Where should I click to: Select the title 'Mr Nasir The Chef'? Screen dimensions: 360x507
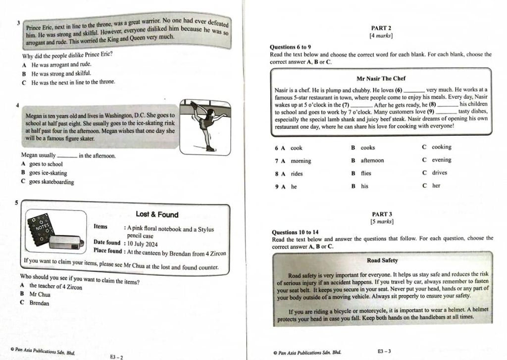coord(381,79)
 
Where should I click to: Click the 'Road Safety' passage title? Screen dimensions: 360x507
coord(382,260)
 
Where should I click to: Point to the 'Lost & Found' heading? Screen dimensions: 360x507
coord(157,214)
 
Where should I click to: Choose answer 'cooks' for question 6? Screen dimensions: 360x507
coord(367,148)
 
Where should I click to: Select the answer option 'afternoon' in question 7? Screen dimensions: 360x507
coord(372,160)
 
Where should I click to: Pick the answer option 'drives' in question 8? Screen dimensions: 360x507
coord(439,173)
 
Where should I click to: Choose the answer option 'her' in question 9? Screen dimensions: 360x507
coord(436,186)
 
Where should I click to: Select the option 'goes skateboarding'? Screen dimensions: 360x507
coord(51,182)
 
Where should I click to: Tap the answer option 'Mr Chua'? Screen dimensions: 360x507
coord(40,294)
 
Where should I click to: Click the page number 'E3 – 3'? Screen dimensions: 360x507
coord(384,351)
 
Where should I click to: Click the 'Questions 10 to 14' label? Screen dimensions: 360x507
coord(295,232)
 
